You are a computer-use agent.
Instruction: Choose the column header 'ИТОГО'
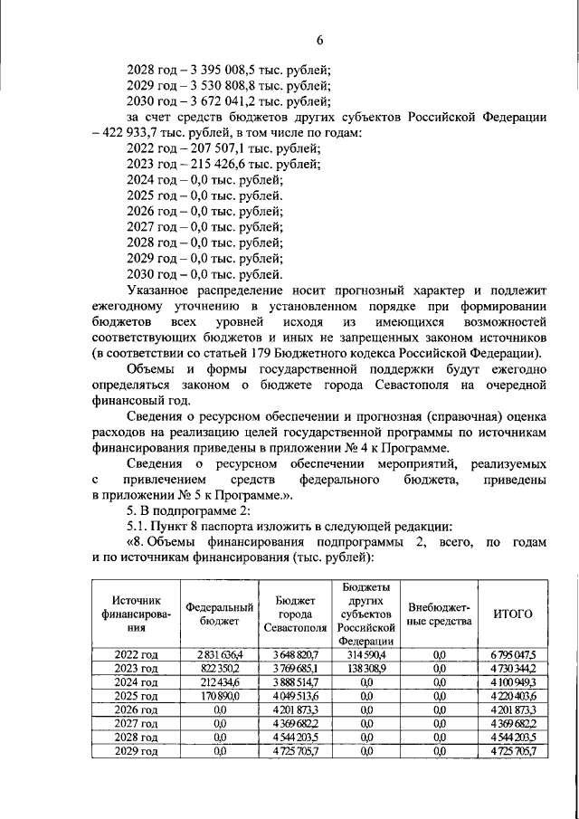[x=512, y=614]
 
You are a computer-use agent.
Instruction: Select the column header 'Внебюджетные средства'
[x=440, y=614]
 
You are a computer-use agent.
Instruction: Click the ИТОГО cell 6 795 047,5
[x=512, y=653]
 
